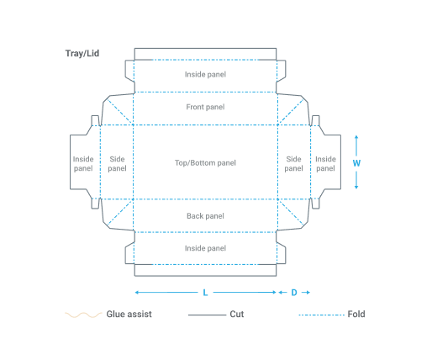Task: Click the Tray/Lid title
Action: (x=82, y=53)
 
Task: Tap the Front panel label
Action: (x=205, y=107)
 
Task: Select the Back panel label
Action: (x=205, y=216)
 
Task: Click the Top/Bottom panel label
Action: (x=205, y=162)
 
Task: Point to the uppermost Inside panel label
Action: (x=205, y=74)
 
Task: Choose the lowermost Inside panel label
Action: (x=205, y=248)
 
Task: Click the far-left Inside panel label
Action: (x=83, y=163)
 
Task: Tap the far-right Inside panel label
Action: (x=325, y=163)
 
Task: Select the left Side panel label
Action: (x=117, y=163)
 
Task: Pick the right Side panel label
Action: (x=293, y=163)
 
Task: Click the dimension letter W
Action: (x=356, y=162)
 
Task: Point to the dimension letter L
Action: (x=205, y=293)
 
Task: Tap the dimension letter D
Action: (x=294, y=293)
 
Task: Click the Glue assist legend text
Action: (x=129, y=315)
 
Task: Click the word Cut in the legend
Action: (x=237, y=315)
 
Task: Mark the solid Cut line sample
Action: (x=203, y=315)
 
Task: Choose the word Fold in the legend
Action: (x=356, y=315)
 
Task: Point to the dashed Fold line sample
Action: (x=320, y=315)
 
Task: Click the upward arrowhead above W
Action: (x=356, y=136)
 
